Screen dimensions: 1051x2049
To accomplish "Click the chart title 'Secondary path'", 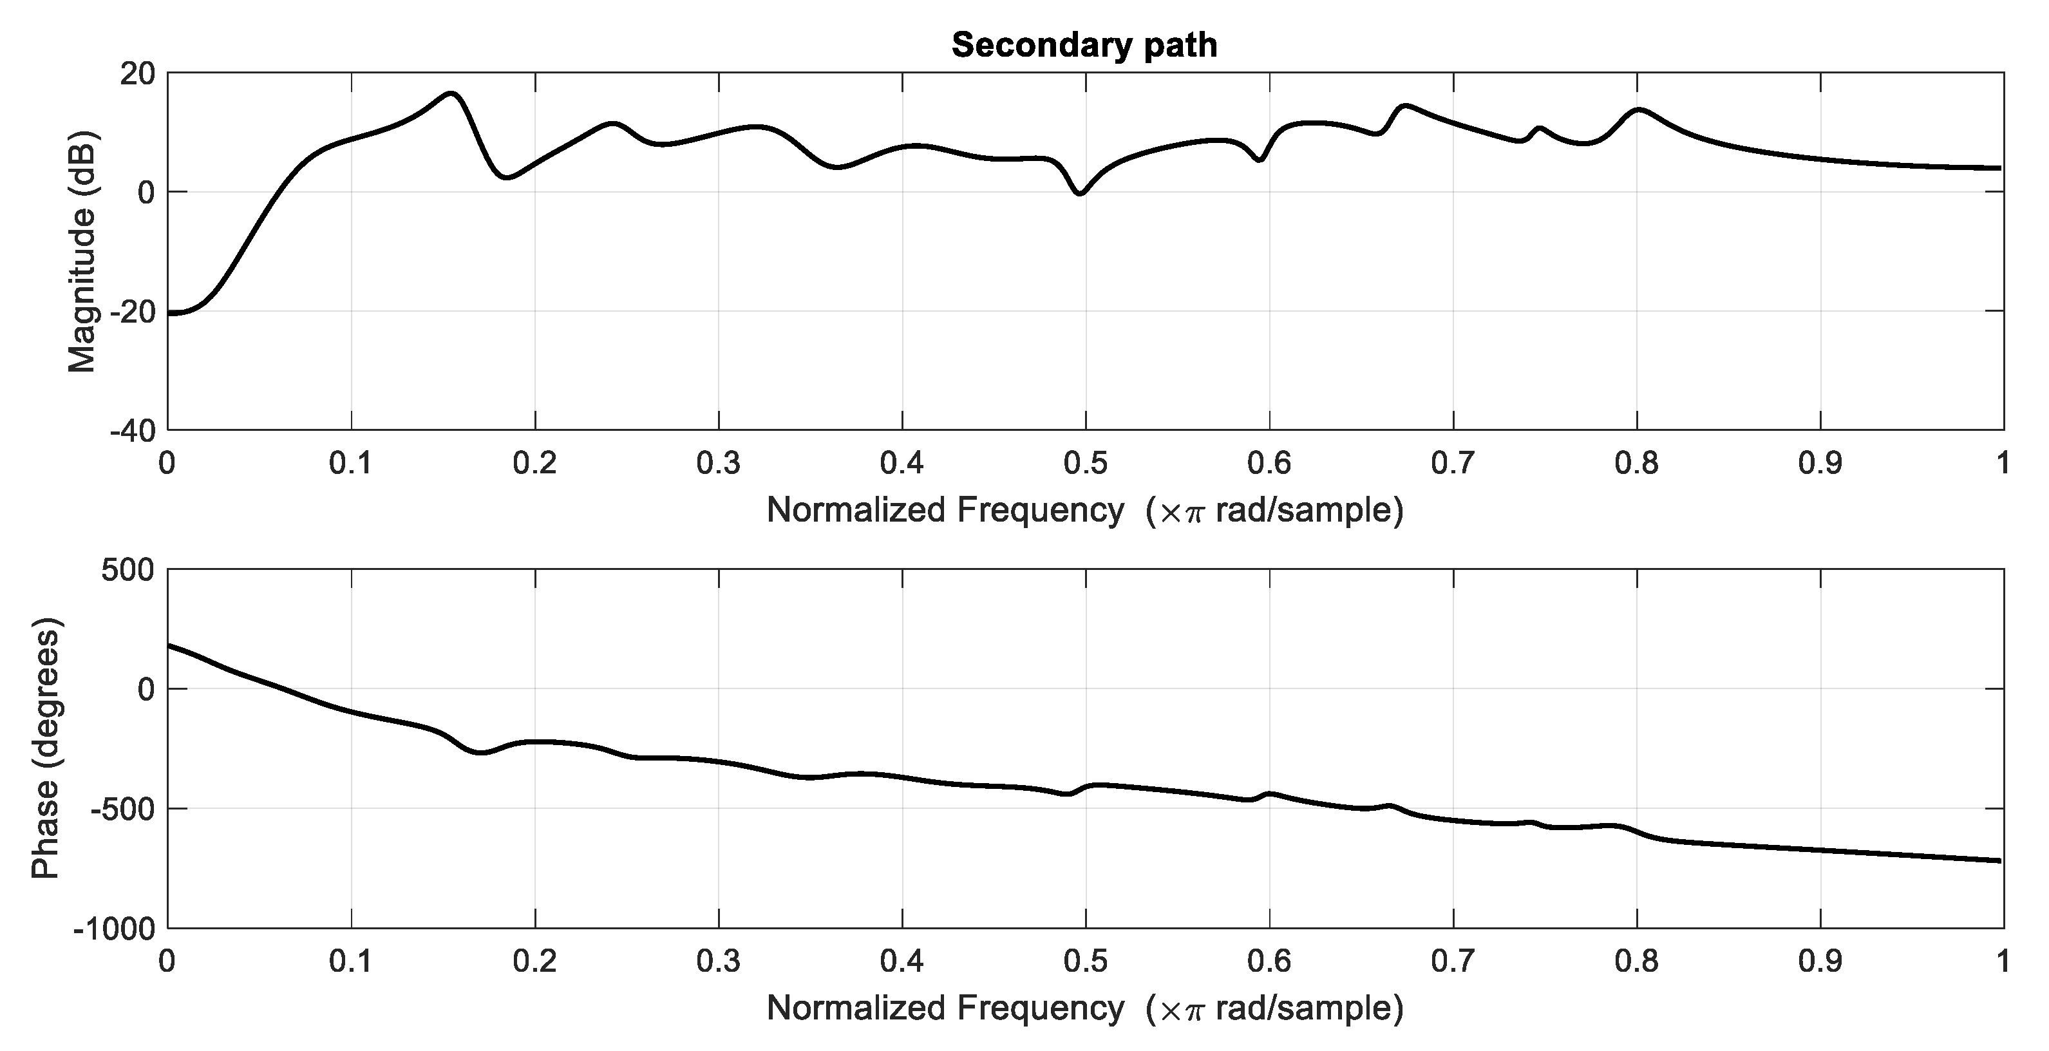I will click(1084, 45).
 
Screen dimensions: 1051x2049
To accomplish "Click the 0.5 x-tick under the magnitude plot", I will click(1086, 463).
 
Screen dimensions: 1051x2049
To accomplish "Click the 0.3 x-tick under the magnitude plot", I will click(718, 463).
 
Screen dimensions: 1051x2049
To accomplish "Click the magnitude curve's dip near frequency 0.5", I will click(1079, 193).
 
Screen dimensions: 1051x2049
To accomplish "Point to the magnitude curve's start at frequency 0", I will click(170, 314).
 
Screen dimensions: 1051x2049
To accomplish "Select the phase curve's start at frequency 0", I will click(170, 645).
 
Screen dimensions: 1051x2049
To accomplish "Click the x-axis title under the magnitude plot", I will click(1084, 510).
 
